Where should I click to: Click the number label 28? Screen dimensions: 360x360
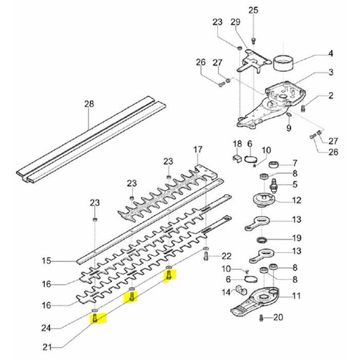click(89, 105)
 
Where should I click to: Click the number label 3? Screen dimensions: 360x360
click(328, 72)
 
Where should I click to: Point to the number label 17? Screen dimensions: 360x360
click(198, 149)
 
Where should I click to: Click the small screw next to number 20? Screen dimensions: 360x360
click(261, 319)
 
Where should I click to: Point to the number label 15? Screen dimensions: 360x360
click(47, 262)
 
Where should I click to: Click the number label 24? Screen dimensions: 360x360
click(47, 327)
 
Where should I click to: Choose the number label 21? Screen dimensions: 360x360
click(47, 345)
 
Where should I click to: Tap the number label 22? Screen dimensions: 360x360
click(226, 255)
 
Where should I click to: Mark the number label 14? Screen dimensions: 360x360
click(226, 292)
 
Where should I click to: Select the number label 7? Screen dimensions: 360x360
click(295, 162)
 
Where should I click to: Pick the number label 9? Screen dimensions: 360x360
click(288, 128)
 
